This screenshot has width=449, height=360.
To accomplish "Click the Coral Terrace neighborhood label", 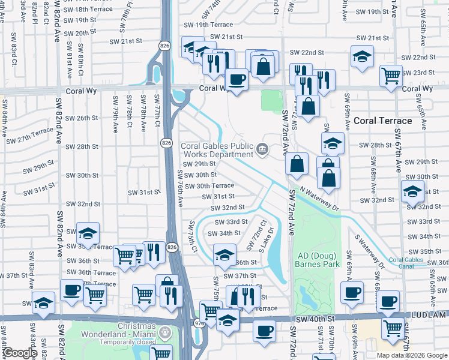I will (382, 121).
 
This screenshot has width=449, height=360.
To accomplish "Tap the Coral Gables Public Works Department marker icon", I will (262, 149).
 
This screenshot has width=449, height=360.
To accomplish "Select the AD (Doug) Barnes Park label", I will (318, 260).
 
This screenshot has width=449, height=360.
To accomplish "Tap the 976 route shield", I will (200, 323).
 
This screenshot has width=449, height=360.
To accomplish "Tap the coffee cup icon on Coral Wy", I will (236, 79).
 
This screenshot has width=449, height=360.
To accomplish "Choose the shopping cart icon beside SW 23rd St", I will (391, 76).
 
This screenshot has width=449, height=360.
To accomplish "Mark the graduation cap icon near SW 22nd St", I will (361, 56).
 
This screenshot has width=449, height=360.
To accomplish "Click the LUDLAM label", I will (429, 314).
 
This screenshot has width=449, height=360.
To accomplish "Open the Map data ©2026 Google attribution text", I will (412, 355).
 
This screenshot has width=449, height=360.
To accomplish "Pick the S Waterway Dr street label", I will (369, 251).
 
